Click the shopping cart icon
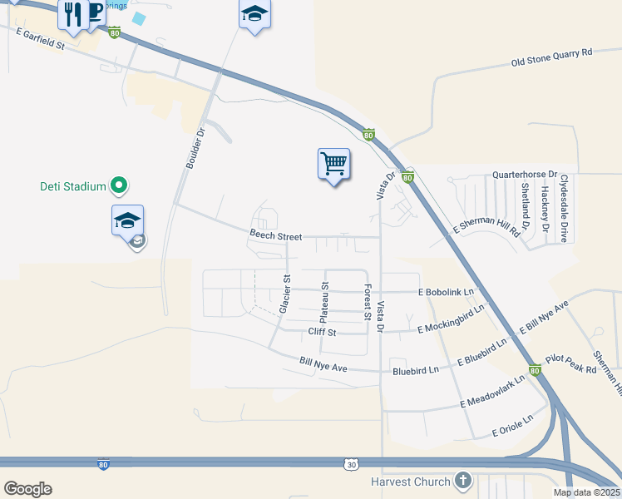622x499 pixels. (333, 163)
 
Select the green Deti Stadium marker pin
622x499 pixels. (119, 185)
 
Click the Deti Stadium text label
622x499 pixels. (73, 186)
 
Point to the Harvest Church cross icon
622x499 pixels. (463, 481)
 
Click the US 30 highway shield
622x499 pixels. (351, 462)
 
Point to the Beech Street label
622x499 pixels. (275, 236)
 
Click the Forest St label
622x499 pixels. (367, 302)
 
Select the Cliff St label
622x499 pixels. (321, 332)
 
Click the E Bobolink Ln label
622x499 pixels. (446, 292)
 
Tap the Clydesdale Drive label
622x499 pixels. (564, 208)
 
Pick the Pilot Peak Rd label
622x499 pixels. (571, 364)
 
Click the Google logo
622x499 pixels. (27, 489)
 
